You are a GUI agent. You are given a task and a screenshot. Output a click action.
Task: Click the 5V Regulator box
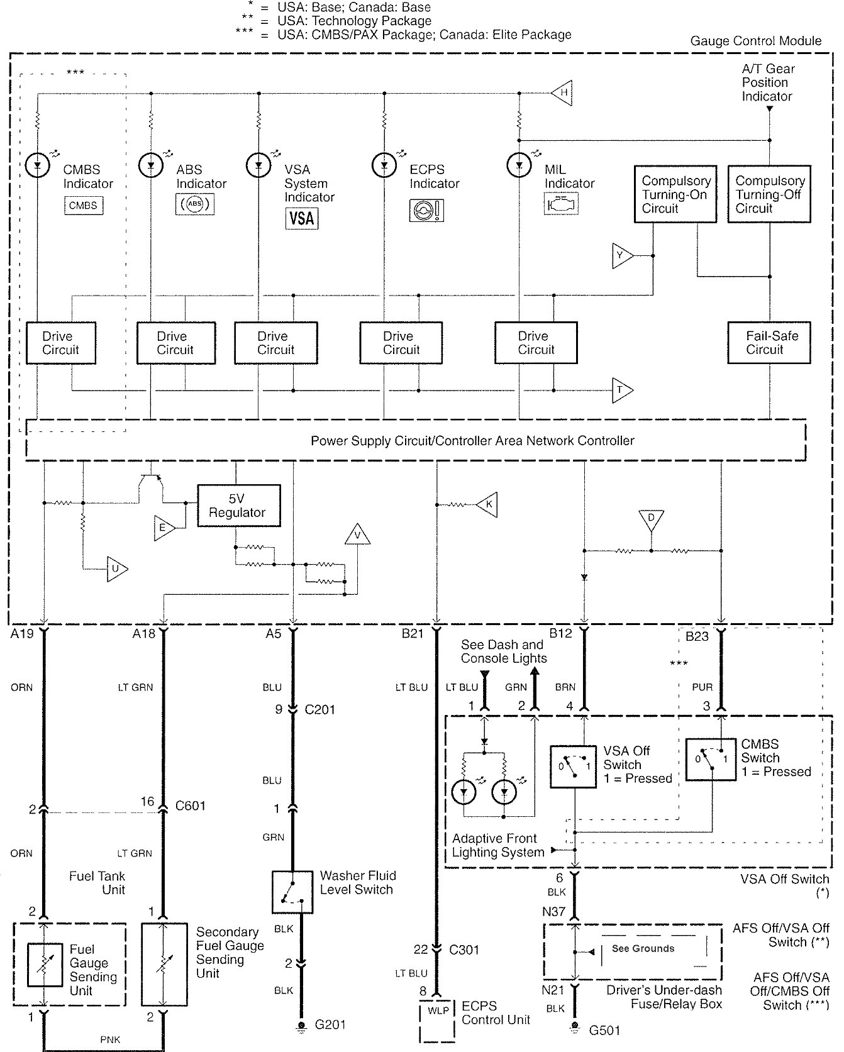pyautogui.click(x=238, y=506)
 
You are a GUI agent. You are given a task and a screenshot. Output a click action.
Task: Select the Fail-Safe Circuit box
pyautogui.click(x=769, y=343)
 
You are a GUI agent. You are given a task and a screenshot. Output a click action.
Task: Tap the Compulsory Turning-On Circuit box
pyautogui.click(x=675, y=194)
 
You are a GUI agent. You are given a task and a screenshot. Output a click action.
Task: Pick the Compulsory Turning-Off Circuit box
pyautogui.click(x=769, y=194)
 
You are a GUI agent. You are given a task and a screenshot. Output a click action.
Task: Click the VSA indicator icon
pyautogui.click(x=302, y=218)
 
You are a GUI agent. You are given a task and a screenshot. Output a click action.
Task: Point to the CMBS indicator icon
pyautogui.click(x=83, y=206)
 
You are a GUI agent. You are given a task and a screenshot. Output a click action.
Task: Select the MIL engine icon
pyautogui.click(x=561, y=204)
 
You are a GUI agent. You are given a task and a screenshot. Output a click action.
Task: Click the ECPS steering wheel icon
pyautogui.click(x=426, y=210)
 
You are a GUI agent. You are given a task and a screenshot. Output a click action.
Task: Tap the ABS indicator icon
pyautogui.click(x=195, y=204)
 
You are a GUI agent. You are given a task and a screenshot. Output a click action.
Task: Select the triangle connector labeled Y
pyautogui.click(x=621, y=256)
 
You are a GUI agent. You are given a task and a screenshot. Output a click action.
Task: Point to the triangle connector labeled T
pyautogui.click(x=622, y=390)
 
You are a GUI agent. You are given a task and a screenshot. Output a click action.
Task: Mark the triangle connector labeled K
pyautogui.click(x=487, y=504)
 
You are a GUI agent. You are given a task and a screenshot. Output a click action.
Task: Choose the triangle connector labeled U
pyautogui.click(x=116, y=569)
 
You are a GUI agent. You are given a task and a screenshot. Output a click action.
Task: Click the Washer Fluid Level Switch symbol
pyautogui.click(x=292, y=892)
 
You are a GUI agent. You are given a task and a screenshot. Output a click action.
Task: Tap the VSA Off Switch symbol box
pyautogui.click(x=573, y=767)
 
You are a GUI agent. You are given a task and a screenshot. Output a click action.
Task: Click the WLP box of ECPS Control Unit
pyautogui.click(x=438, y=1011)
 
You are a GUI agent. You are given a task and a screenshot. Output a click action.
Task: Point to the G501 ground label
pyautogui.click(x=604, y=1031)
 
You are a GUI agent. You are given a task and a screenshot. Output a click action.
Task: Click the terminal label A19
pyautogui.click(x=22, y=634)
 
